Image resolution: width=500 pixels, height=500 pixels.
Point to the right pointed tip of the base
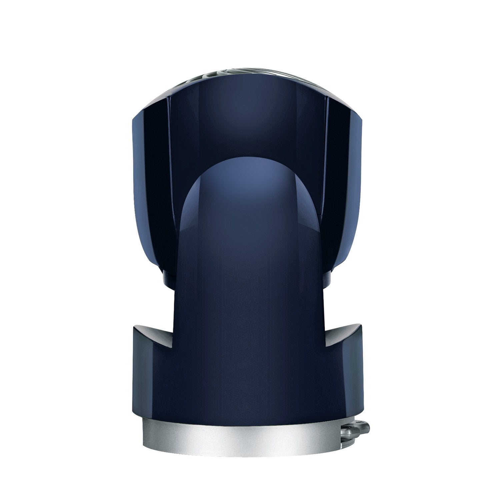click(x=359, y=325)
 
